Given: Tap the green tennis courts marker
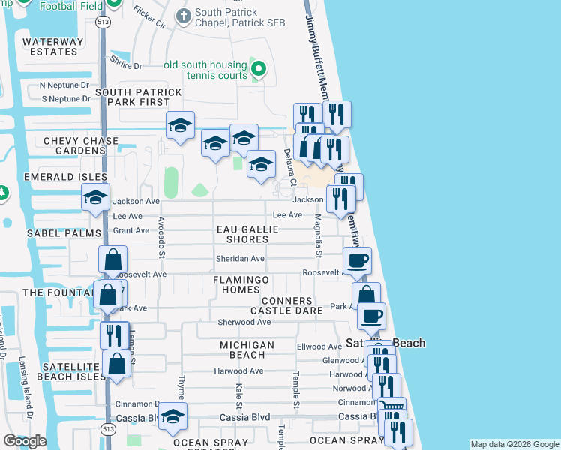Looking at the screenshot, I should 259,70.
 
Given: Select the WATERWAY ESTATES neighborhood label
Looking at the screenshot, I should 49,46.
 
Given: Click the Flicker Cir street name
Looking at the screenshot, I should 149,16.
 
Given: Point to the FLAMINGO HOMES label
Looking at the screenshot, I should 235,284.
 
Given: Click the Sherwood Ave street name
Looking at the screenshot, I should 244,322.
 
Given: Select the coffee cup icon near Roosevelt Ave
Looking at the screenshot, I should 357,260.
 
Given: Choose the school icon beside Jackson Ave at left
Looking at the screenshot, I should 95,197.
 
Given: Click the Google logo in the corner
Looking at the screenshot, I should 25,441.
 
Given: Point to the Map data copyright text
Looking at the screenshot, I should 514,444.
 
